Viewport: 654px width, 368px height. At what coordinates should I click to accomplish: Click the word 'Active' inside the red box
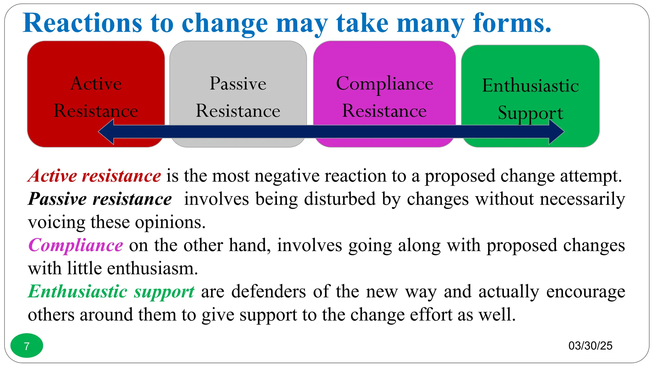click(x=96, y=84)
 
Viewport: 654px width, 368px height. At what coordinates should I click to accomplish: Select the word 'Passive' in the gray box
click(x=238, y=84)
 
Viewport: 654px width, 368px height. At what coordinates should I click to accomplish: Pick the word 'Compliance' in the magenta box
click(x=384, y=84)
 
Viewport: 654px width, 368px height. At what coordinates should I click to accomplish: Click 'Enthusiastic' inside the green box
click(x=530, y=86)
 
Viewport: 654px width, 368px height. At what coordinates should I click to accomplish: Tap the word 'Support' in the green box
click(x=530, y=112)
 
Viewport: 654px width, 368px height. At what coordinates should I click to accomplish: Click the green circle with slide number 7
click(x=27, y=346)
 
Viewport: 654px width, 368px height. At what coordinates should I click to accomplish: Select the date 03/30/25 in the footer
click(x=590, y=346)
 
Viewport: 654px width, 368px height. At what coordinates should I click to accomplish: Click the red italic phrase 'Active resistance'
click(x=95, y=176)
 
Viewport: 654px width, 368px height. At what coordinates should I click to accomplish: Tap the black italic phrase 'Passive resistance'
click(x=100, y=199)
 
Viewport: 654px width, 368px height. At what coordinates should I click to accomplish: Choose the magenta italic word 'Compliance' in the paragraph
click(x=76, y=245)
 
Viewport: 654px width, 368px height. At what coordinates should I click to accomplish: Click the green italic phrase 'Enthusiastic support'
click(x=111, y=292)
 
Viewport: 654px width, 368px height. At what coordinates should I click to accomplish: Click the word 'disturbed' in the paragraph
click(x=339, y=199)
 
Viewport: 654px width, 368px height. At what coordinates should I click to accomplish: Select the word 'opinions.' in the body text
click(x=170, y=222)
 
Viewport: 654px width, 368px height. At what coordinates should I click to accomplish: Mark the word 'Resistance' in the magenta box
click(x=384, y=111)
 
